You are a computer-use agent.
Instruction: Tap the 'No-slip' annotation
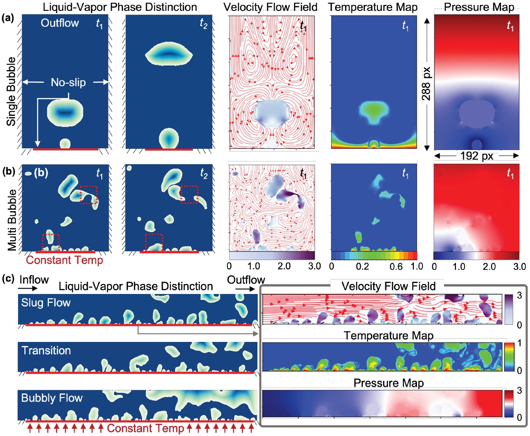pos(66,82)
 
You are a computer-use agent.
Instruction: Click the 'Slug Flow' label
pos(46,303)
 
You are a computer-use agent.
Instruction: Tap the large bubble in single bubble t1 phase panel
pos(66,111)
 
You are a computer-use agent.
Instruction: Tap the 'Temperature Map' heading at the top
pos(374,7)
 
